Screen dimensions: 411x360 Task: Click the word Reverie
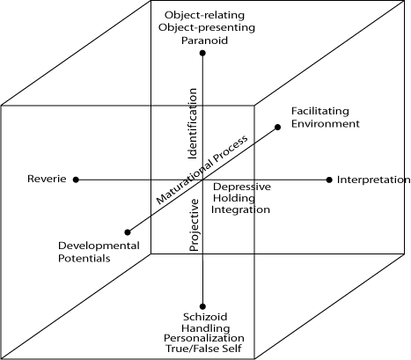coord(47,179)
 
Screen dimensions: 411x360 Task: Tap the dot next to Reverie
coord(76,180)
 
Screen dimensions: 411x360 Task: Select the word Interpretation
coord(373,180)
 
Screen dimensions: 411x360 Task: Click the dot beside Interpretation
coord(329,180)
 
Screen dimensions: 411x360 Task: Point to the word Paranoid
coord(204,40)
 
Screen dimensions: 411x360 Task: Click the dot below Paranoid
coord(202,53)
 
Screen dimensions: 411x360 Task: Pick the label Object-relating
coord(204,15)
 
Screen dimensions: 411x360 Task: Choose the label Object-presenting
coord(207,27)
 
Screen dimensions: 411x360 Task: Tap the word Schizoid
coord(205,317)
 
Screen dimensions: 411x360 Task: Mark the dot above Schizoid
coord(202,306)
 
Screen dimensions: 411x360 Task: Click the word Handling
coord(206,328)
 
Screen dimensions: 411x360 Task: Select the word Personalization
coord(204,338)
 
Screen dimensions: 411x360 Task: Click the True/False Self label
coord(203,349)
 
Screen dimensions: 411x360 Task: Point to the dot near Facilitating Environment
coord(277,127)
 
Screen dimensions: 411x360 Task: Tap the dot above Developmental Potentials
coord(128,232)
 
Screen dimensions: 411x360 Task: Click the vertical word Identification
coord(192,123)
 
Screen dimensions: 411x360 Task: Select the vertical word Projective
coord(194,225)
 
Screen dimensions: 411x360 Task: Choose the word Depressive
coord(242,187)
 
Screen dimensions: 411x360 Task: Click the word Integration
coord(240,209)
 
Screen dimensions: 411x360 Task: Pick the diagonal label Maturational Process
coord(202,170)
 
